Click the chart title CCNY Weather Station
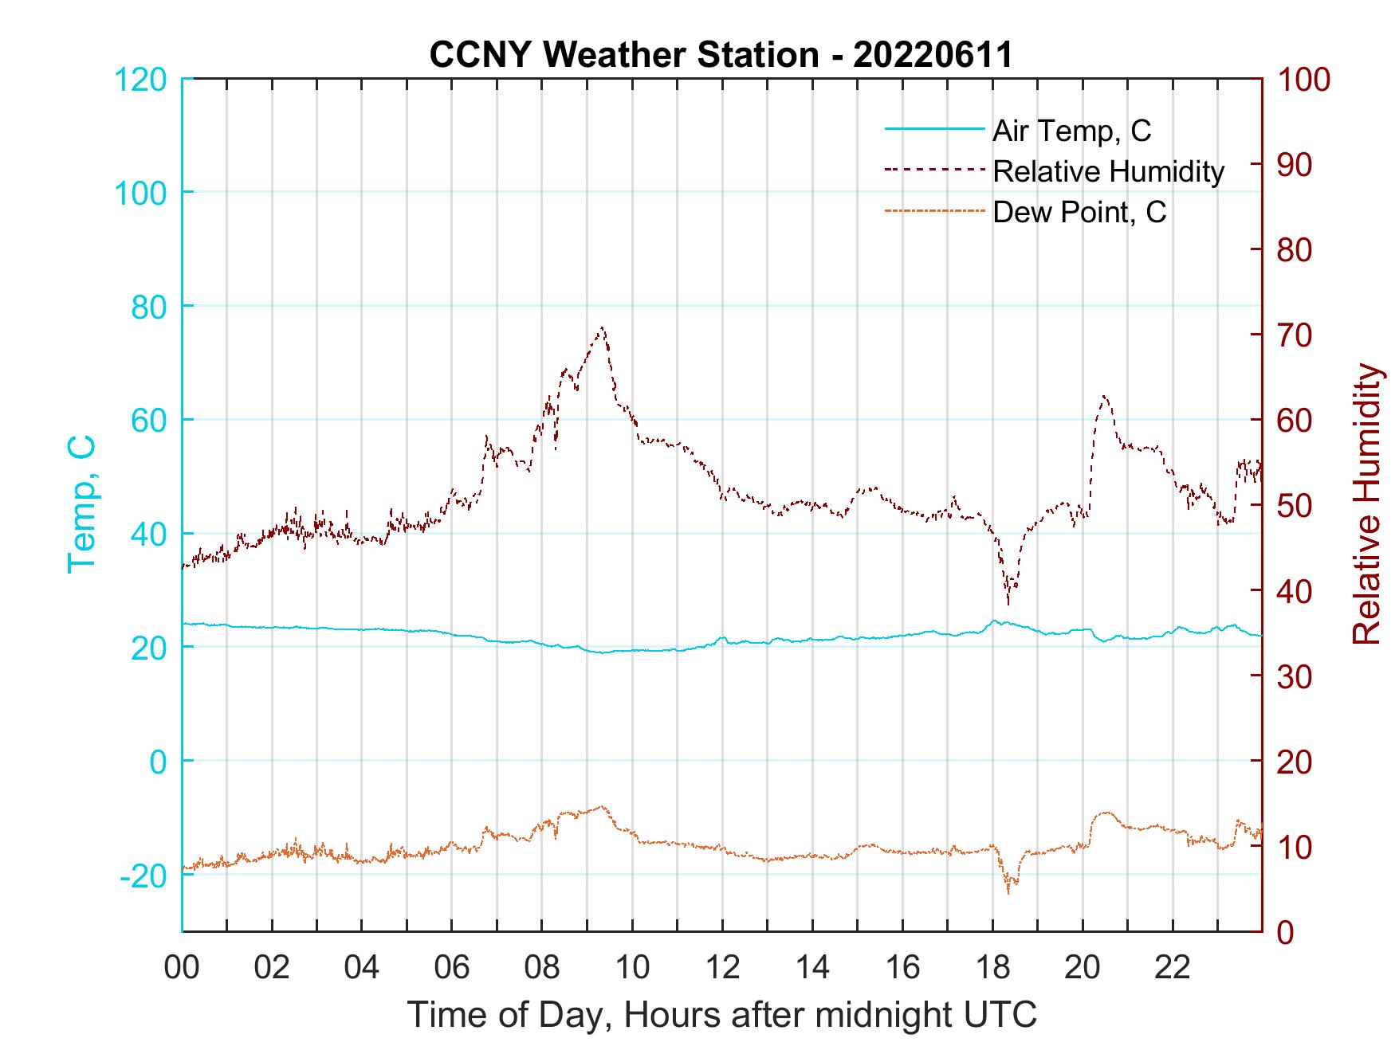pyautogui.click(x=720, y=55)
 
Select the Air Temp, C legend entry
pyautogui.click(x=1071, y=131)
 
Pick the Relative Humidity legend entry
pyautogui.click(x=1107, y=171)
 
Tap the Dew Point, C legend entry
pyautogui.click(x=1079, y=213)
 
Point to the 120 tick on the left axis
pyautogui.click(x=140, y=80)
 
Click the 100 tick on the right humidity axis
pyautogui.click(x=1304, y=80)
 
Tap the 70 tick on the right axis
pyautogui.click(x=1296, y=335)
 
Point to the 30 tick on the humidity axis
pyautogui.click(x=1296, y=676)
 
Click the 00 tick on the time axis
pyautogui.click(x=182, y=968)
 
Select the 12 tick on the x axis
pyautogui.click(x=722, y=968)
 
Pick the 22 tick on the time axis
pyautogui.click(x=1173, y=968)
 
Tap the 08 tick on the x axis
pyautogui.click(x=542, y=968)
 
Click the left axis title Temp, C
pyautogui.click(x=81, y=504)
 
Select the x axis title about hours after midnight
pyautogui.click(x=722, y=1015)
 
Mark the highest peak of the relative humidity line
pyautogui.click(x=602, y=327)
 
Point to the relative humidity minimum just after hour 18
pyautogui.click(x=1008, y=603)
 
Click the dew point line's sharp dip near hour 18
pyautogui.click(x=1008, y=892)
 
